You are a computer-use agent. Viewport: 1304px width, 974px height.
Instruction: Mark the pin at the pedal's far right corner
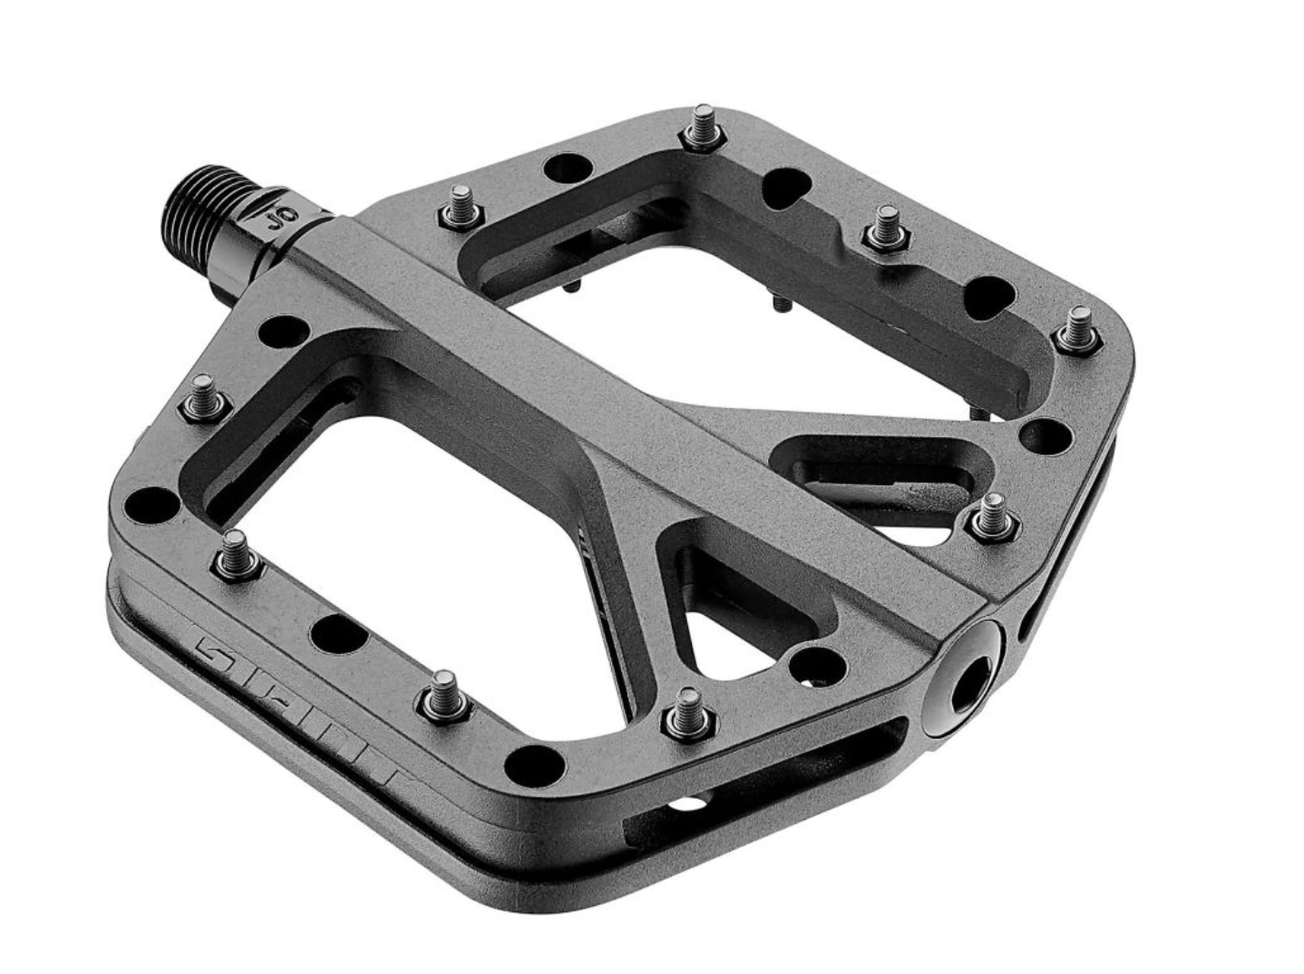point(1077,330)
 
